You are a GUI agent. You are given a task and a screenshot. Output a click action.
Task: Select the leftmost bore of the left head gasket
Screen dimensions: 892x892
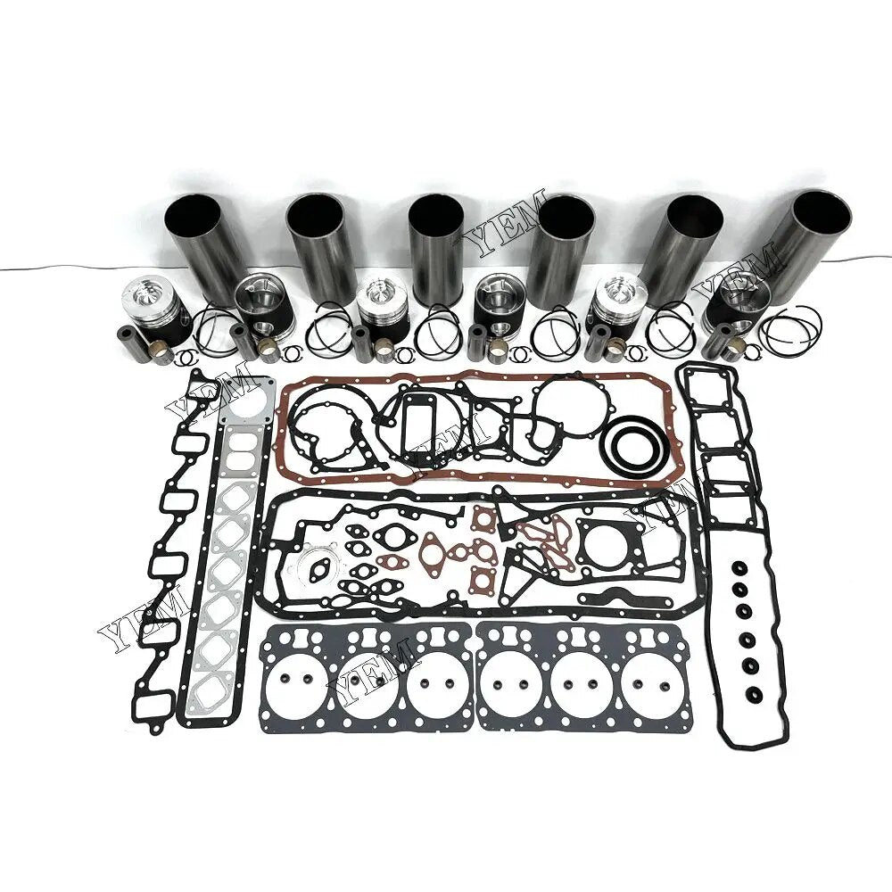(x=295, y=681)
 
